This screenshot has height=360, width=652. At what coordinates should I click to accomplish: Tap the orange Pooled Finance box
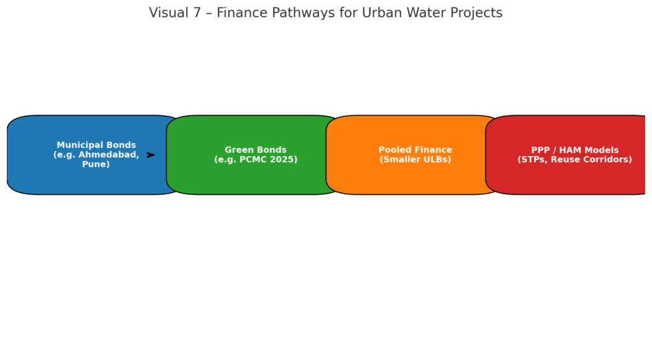414,155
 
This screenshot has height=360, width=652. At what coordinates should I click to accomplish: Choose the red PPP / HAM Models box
565,155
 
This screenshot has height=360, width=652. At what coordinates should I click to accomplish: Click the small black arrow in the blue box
150,155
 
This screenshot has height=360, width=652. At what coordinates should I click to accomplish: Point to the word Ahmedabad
108,155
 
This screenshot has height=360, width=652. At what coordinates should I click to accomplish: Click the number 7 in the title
197,13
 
